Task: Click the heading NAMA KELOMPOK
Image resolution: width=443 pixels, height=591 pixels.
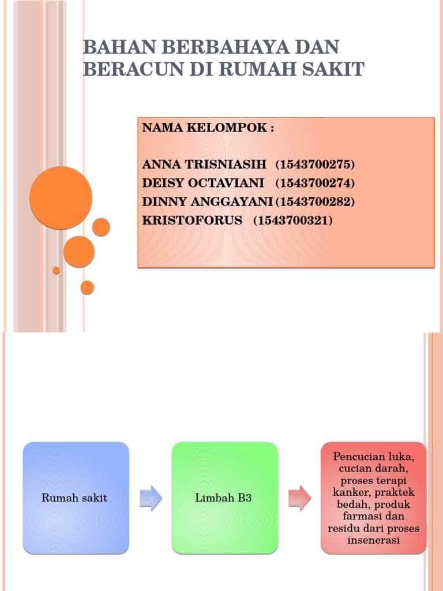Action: pyautogui.click(x=208, y=128)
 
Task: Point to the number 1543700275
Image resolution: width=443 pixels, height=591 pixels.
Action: pyautogui.click(x=315, y=164)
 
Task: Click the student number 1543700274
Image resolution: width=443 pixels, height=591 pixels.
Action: pyautogui.click(x=315, y=183)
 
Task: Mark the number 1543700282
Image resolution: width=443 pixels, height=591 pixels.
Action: pyautogui.click(x=315, y=201)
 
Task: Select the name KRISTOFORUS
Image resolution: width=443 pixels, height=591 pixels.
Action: pyautogui.click(x=192, y=220)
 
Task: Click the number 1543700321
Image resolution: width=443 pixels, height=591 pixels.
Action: pyautogui.click(x=293, y=220)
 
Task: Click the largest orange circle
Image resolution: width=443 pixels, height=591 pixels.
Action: pyautogui.click(x=61, y=197)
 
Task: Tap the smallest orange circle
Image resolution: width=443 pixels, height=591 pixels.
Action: pyautogui.click(x=56, y=270)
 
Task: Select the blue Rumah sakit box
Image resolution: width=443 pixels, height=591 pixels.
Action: pyautogui.click(x=76, y=498)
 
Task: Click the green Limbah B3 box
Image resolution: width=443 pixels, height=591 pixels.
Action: pyautogui.click(x=224, y=498)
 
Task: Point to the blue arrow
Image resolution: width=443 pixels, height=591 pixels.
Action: pyautogui.click(x=151, y=498)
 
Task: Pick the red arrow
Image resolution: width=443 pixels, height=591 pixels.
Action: pyautogui.click(x=299, y=498)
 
